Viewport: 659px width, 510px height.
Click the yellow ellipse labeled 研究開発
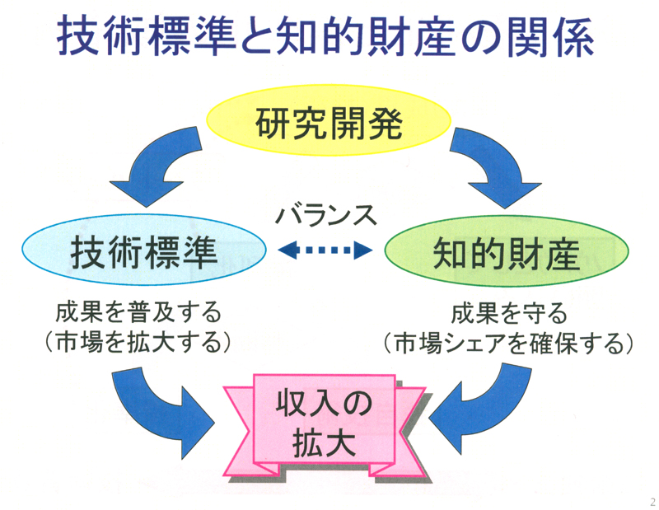tap(328, 120)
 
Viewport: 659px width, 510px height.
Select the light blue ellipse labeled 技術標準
tap(144, 250)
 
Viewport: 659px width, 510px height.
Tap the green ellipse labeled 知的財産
tap(507, 251)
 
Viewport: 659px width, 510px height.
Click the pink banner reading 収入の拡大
tap(325, 425)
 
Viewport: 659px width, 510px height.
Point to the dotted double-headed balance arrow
tap(325, 250)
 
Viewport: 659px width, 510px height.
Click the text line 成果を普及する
tap(138, 312)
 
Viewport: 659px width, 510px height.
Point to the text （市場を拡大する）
tap(138, 342)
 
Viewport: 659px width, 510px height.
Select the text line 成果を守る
tap(509, 313)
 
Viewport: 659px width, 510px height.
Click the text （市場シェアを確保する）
tap(507, 343)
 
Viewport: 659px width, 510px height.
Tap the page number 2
tap(652, 502)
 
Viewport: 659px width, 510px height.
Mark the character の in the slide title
tap(481, 36)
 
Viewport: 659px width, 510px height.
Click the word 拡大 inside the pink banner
tap(324, 443)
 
